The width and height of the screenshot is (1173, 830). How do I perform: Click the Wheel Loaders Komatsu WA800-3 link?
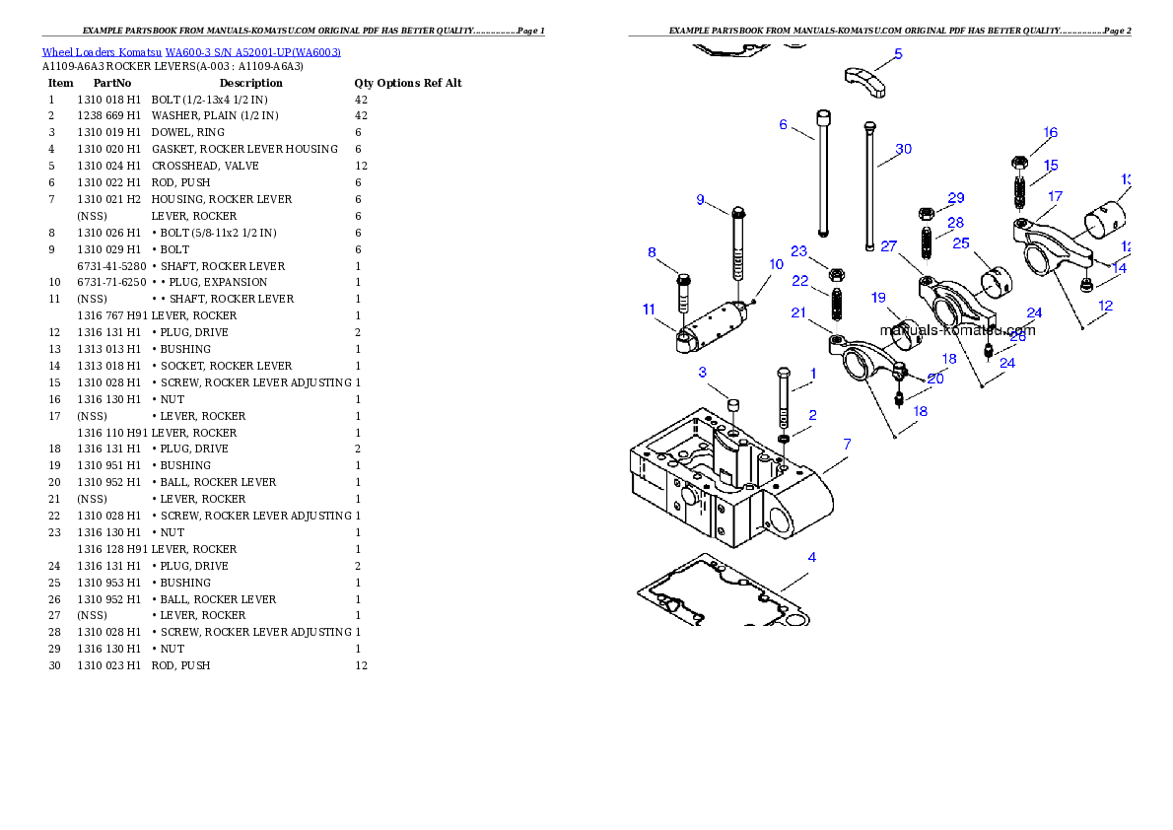pyautogui.click(x=191, y=52)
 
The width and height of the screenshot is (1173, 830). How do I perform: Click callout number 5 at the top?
pyautogui.click(x=897, y=54)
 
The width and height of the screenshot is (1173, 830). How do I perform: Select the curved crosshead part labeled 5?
pyautogui.click(x=864, y=81)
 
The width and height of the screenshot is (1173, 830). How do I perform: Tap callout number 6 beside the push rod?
pyautogui.click(x=783, y=125)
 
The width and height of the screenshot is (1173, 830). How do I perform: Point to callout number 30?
pyautogui.click(x=903, y=150)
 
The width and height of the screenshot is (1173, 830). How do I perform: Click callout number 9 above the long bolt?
pyautogui.click(x=700, y=200)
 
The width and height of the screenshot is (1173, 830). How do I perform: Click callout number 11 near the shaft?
pyautogui.click(x=649, y=310)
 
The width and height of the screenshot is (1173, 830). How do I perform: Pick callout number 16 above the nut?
pyautogui.click(x=1050, y=133)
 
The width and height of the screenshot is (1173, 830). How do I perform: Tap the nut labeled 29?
pyautogui.click(x=927, y=213)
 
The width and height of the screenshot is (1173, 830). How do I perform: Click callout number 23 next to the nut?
pyautogui.click(x=798, y=251)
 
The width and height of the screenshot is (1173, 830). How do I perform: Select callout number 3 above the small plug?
pyautogui.click(x=702, y=373)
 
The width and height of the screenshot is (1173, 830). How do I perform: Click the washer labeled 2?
pyautogui.click(x=784, y=438)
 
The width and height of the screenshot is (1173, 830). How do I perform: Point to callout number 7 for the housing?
pyautogui.click(x=847, y=445)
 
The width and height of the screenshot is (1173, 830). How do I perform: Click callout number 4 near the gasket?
pyautogui.click(x=811, y=558)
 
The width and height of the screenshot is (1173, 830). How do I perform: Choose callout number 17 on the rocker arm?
pyautogui.click(x=1055, y=197)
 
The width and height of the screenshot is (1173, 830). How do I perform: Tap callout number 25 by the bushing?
pyautogui.click(x=960, y=242)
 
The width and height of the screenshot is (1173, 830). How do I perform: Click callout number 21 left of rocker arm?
pyautogui.click(x=798, y=312)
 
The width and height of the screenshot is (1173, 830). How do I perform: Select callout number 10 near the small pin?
pyautogui.click(x=776, y=264)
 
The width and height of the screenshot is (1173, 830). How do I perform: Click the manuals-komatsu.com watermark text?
pyautogui.click(x=957, y=330)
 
